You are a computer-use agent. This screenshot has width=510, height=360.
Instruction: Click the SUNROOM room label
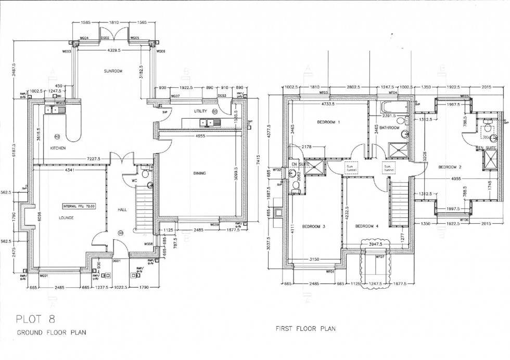tap(113, 71)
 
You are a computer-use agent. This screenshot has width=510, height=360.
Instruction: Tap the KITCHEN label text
tap(57, 148)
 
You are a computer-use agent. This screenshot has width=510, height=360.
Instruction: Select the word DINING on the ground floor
tap(199, 173)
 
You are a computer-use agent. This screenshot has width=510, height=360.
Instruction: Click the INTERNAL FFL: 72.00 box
tap(79, 205)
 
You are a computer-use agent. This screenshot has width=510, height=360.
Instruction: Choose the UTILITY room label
tap(200, 111)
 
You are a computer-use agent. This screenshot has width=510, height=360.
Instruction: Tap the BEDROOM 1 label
tap(328, 122)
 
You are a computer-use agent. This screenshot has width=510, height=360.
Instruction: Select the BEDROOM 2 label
tap(450, 167)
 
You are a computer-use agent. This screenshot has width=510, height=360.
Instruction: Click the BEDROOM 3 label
tap(314, 227)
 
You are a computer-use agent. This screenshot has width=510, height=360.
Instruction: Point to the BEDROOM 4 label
tap(367, 226)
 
